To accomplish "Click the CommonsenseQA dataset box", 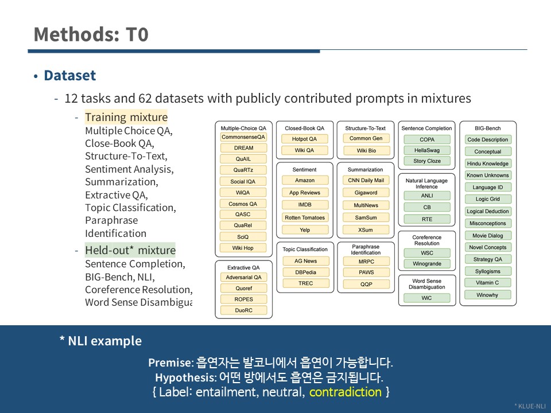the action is click(243, 137).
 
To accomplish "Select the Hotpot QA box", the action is click(304, 139).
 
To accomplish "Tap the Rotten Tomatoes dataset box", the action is click(305, 217).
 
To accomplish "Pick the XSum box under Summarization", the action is click(366, 229).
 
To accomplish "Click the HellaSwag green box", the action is click(427, 150).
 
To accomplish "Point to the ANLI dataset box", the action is click(427, 196).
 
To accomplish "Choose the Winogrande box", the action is click(427, 263).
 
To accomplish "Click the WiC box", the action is click(426, 298).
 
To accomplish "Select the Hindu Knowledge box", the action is click(488, 163).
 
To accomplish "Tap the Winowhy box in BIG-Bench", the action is click(487, 295).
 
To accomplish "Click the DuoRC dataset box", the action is click(243, 310).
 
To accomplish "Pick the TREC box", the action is click(306, 283).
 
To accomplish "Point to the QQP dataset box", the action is click(366, 284).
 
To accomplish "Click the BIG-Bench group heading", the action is click(488, 128).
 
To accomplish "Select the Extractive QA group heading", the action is click(243, 267).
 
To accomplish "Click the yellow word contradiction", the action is click(346, 392).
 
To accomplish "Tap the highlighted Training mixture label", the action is click(126, 117).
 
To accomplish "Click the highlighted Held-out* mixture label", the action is click(130, 250).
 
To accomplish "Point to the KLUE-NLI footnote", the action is click(530, 406).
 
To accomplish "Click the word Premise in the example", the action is click(170, 363).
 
